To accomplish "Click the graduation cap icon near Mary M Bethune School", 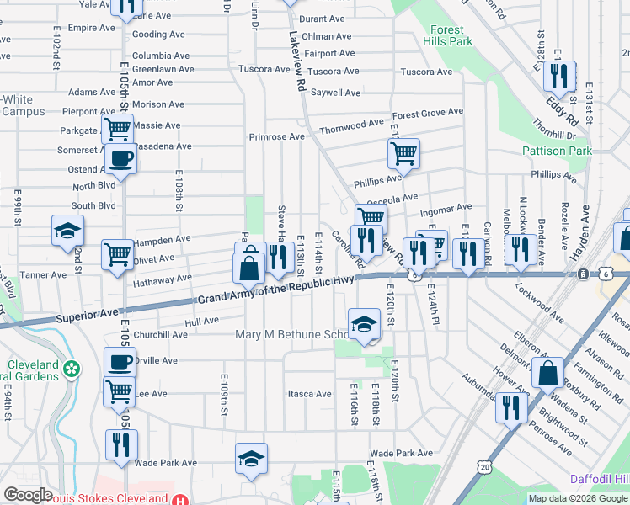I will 363,324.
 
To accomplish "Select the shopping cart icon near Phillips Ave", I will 403,154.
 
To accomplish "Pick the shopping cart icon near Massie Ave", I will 117,130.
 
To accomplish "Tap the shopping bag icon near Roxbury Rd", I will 547,373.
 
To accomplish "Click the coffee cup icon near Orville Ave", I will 120,363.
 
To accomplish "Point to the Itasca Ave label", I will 310,394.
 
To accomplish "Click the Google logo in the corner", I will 28,495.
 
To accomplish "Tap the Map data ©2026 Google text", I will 578,498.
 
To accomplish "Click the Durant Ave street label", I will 323,19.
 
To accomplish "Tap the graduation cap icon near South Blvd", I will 67,231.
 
